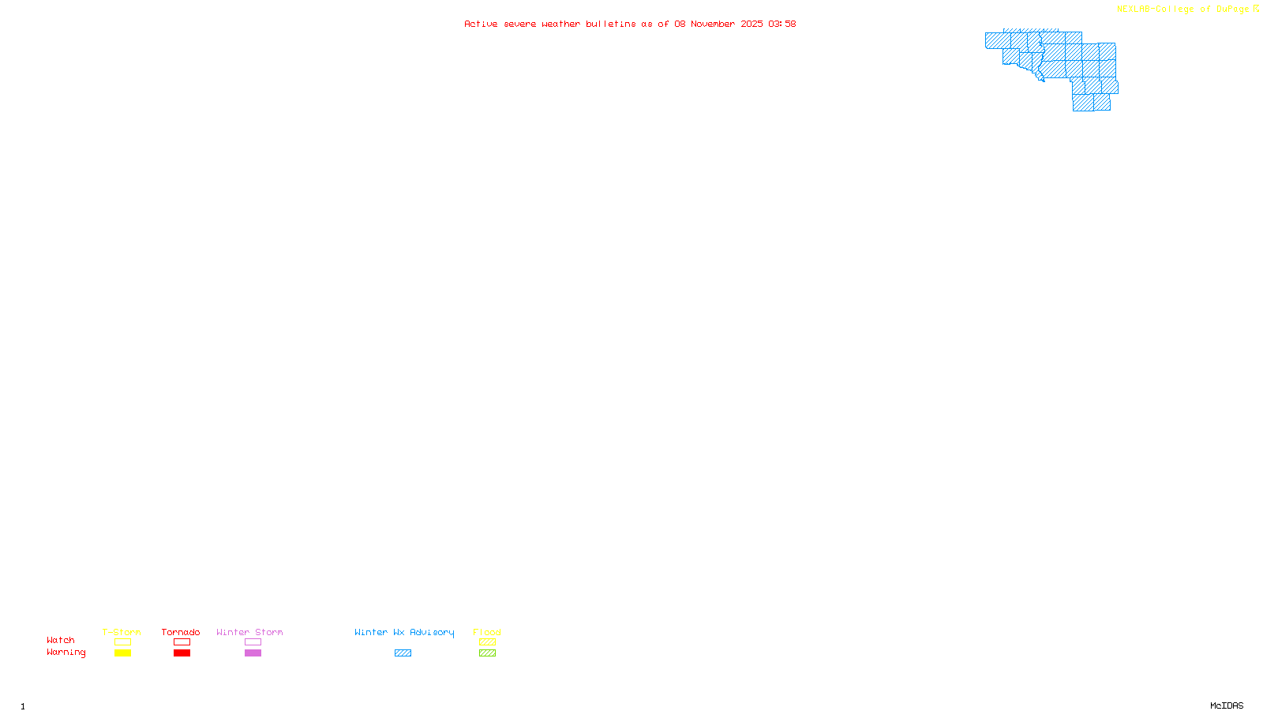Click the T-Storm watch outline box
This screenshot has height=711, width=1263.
[122, 642]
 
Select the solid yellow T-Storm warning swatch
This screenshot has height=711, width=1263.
[122, 653]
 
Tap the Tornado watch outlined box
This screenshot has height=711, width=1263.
[182, 642]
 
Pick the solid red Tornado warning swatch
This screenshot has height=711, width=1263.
[182, 653]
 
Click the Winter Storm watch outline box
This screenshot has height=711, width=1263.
[253, 642]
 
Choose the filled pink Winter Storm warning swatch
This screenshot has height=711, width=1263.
[253, 653]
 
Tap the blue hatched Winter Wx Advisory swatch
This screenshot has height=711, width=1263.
[403, 653]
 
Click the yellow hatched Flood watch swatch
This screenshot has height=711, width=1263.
[487, 642]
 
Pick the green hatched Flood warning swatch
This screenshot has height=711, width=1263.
[487, 653]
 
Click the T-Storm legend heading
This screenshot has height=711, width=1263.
[122, 632]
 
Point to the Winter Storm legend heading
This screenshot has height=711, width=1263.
[249, 632]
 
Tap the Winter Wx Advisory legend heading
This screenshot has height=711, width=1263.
[404, 632]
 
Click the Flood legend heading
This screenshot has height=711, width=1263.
[487, 632]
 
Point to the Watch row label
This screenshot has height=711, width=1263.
[61, 640]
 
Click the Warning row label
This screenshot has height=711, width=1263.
[66, 653]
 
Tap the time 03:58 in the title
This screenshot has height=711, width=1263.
[781, 24]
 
